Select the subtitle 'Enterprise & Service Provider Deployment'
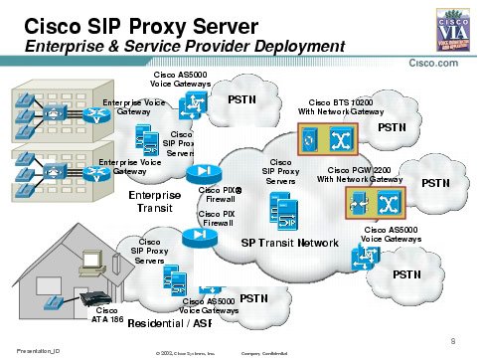184,47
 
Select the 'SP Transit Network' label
290,243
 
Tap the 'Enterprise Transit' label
157,202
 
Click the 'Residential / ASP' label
169,323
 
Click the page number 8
452,340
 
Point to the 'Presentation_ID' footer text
27,349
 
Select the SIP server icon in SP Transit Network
280,211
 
